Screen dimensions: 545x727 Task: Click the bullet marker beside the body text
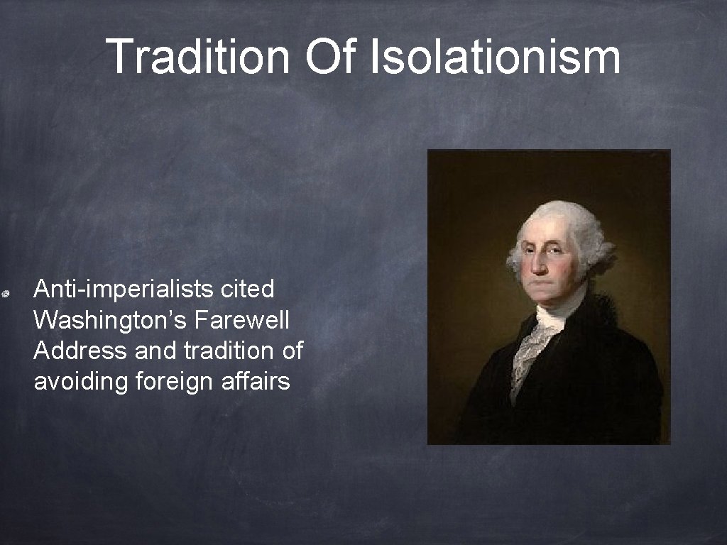point(5,292)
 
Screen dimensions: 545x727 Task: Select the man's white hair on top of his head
point(561,217)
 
